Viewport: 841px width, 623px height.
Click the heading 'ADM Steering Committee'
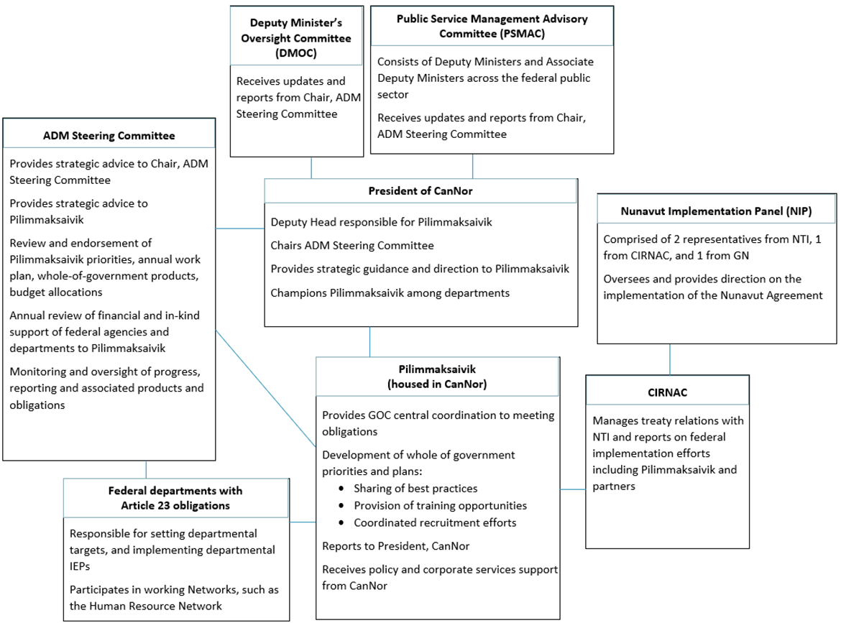click(109, 135)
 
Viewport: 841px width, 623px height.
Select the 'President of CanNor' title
click(420, 191)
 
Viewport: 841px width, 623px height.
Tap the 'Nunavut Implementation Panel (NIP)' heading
click(717, 211)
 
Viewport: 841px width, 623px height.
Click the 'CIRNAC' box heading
click(667, 392)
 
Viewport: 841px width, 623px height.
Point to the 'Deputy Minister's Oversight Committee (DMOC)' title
click(296, 37)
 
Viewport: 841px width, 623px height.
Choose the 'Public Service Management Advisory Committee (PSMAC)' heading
click(492, 26)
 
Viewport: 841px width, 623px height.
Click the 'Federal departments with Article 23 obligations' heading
click(175, 498)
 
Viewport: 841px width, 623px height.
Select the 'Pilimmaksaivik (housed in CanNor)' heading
click(437, 376)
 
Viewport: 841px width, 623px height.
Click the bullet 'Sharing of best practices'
click(415, 489)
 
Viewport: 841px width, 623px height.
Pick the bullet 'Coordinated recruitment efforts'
click(435, 522)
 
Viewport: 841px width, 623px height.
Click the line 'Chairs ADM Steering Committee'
click(352, 246)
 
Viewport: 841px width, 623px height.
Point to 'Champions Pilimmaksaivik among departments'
click(392, 292)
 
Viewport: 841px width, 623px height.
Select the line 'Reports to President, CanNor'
click(395, 546)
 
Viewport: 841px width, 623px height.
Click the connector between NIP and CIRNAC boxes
click(670, 359)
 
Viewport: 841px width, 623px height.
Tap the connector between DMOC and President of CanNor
click(311, 167)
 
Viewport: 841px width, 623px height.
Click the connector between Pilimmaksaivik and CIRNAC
click(573, 489)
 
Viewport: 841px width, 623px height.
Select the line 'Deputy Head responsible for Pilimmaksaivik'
click(381, 223)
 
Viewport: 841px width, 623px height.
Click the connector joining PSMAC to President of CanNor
click(472, 166)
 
